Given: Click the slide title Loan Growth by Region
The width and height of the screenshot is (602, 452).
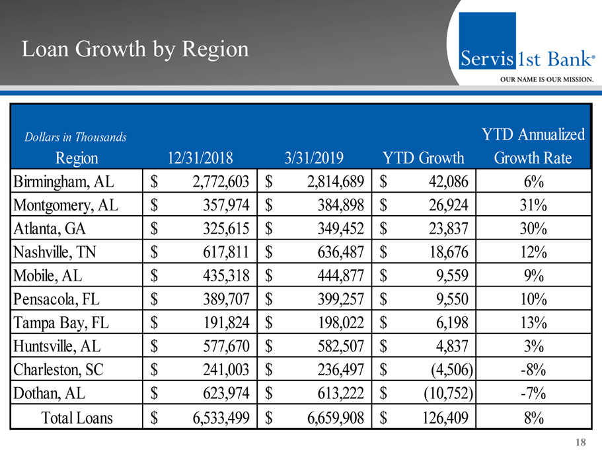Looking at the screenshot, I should click(x=135, y=50).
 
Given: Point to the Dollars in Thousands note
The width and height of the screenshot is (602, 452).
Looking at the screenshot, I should click(x=75, y=138).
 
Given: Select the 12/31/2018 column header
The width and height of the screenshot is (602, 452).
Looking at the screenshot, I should click(x=200, y=158).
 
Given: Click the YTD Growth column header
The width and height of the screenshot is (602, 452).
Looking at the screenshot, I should click(x=424, y=158).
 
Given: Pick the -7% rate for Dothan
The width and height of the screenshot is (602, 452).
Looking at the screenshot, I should click(x=532, y=394).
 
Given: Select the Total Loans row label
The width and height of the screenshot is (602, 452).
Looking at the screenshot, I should click(x=77, y=418).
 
